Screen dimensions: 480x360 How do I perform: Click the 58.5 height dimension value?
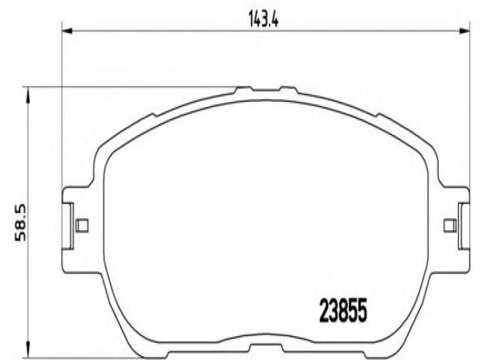point(21,223)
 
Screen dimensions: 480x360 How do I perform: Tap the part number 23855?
point(343,310)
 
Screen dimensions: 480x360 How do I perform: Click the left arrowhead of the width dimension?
point(67,31)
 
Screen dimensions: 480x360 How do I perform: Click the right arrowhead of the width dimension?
point(464,31)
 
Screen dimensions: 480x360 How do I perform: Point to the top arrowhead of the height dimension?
point(28,93)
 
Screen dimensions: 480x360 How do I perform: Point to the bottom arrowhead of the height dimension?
point(28,352)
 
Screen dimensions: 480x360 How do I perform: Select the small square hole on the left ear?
point(82,225)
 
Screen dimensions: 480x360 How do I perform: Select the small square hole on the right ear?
point(450,226)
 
